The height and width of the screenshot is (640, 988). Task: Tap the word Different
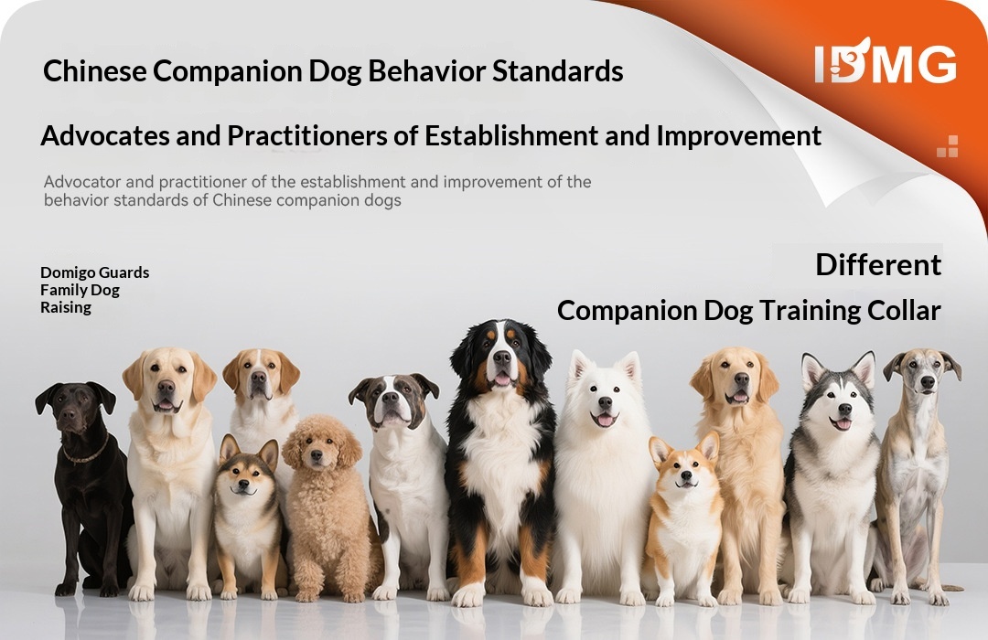coord(878,264)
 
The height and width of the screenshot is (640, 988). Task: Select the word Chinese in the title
coord(94,70)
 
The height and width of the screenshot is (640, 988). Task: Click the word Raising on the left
coord(66,307)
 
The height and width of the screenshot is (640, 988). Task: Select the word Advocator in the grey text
coord(82,182)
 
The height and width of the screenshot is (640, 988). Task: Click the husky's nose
coord(845,411)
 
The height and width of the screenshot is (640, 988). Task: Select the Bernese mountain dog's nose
coord(501,357)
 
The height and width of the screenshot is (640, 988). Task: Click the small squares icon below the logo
coord(948,146)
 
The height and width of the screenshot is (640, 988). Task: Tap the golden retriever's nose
coord(742,379)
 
